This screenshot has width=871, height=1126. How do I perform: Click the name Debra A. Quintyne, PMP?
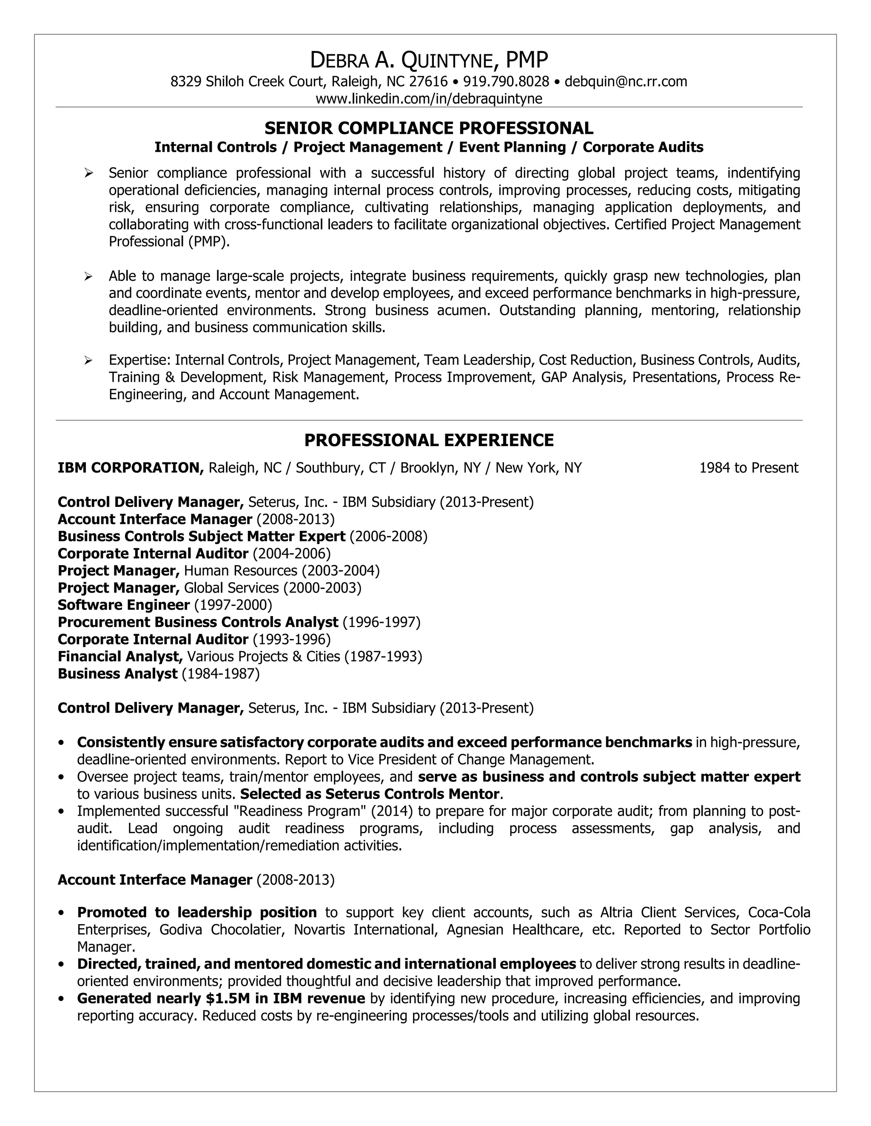429,60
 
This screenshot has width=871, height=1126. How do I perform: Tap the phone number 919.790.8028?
506,82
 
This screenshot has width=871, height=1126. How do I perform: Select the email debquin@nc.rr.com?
625,82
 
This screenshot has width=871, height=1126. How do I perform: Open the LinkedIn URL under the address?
429,99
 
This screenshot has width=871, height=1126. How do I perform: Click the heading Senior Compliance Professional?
429,128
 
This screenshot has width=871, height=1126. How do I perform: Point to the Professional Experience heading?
429,440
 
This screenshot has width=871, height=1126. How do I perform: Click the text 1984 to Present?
748,468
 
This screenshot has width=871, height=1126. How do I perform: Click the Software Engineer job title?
124,605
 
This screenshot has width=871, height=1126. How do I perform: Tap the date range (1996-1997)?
381,622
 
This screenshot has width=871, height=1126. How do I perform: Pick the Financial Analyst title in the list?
120,656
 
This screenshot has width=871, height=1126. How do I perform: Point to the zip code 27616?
428,82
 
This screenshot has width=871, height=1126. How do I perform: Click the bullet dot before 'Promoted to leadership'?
62,913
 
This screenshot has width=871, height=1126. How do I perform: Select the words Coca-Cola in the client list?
779,913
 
